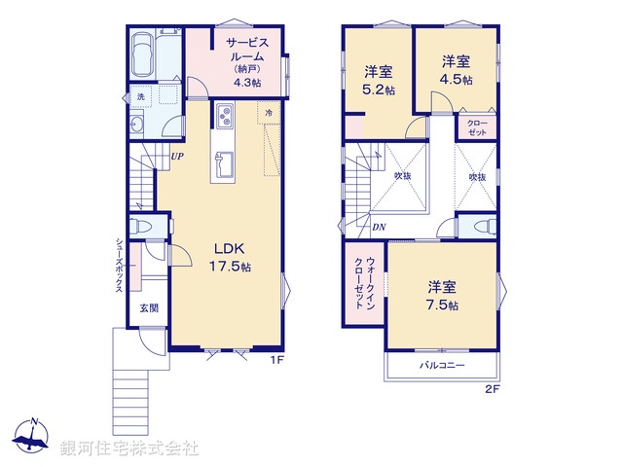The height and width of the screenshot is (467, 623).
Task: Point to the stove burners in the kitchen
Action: pyautogui.click(x=225, y=118)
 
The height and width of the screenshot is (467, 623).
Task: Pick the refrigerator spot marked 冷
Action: pyautogui.click(x=268, y=113)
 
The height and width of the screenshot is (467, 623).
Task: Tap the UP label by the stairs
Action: pyautogui.click(x=177, y=156)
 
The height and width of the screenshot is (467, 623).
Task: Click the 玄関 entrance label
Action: pyautogui.click(x=148, y=308)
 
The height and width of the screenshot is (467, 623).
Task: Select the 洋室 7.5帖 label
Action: pyautogui.click(x=443, y=296)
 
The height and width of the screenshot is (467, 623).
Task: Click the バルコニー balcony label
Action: pyautogui.click(x=443, y=366)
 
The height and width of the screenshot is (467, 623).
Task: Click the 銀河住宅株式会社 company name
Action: pyautogui.click(x=129, y=449)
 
